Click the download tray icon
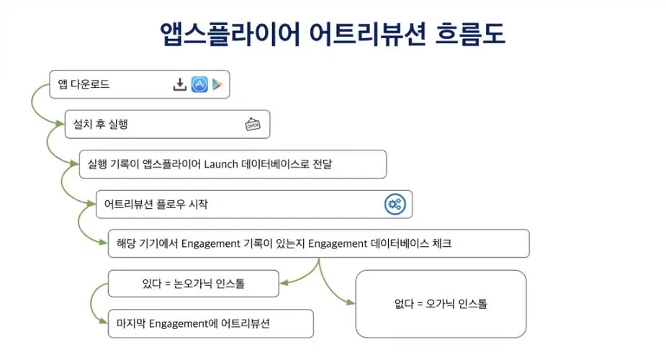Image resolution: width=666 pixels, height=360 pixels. (180, 85)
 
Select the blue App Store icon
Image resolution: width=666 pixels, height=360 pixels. (199, 85)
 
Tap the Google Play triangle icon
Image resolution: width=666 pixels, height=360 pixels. (217, 85)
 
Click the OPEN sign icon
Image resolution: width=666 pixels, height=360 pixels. (253, 125)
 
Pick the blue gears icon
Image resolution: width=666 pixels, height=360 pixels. (395, 204)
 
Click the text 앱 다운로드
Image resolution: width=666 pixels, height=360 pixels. (84, 85)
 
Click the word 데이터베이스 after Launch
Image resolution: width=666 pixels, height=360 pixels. (276, 164)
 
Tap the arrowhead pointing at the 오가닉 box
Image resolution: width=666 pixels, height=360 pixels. (351, 303)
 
